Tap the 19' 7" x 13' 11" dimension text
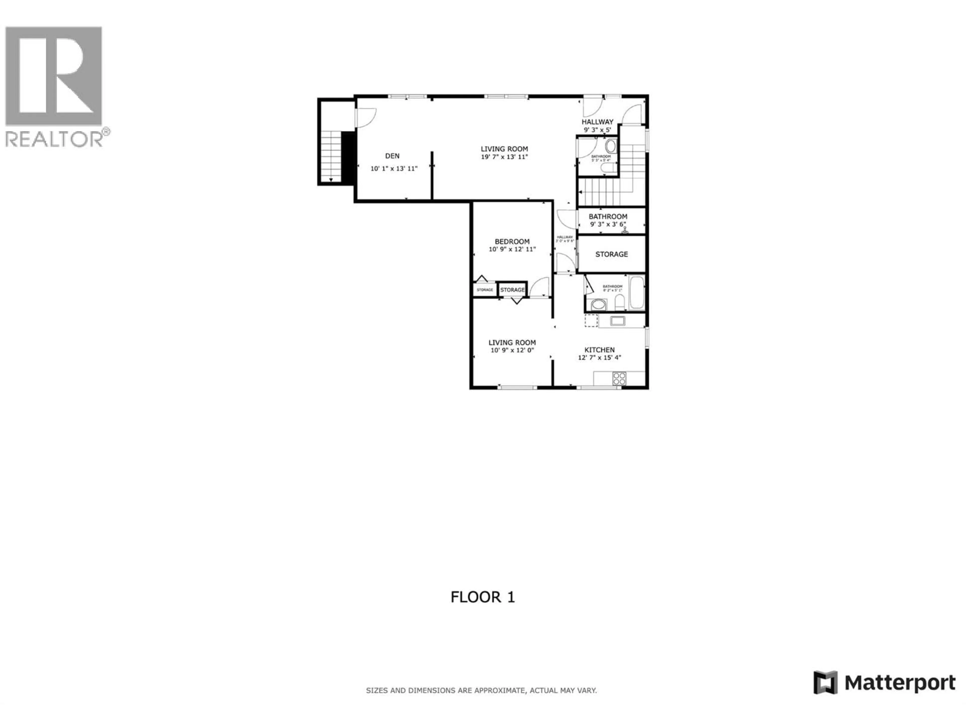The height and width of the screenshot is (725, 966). pyautogui.click(x=504, y=157)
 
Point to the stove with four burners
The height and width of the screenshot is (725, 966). pyautogui.click(x=619, y=378)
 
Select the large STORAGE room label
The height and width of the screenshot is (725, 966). pyautogui.click(x=611, y=254)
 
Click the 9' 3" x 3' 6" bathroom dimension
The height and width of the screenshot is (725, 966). pyautogui.click(x=608, y=224)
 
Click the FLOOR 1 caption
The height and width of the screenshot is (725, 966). pyautogui.click(x=482, y=597)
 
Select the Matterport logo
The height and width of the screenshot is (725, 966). pyautogui.click(x=884, y=682)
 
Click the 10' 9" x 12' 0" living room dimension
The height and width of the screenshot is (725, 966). pyautogui.click(x=512, y=350)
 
